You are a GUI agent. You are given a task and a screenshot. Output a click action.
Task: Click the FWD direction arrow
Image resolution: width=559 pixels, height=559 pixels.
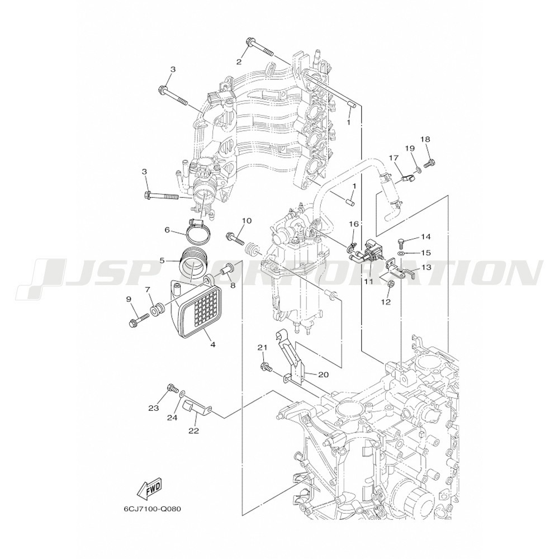pyautogui.click(x=150, y=487)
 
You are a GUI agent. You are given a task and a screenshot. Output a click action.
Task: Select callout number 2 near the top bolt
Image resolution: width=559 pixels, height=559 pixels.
pyautogui.click(x=239, y=61)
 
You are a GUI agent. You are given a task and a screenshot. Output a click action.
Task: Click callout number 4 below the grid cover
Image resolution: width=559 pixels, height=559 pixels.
pyautogui.click(x=213, y=345)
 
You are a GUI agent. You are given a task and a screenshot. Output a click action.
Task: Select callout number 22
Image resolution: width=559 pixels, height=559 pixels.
pyautogui.click(x=193, y=431)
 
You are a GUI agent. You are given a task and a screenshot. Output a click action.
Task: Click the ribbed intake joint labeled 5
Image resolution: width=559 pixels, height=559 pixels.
pyautogui.click(x=193, y=263)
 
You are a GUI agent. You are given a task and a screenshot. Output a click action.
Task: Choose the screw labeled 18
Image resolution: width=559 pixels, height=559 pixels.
pyautogui.click(x=429, y=163)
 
